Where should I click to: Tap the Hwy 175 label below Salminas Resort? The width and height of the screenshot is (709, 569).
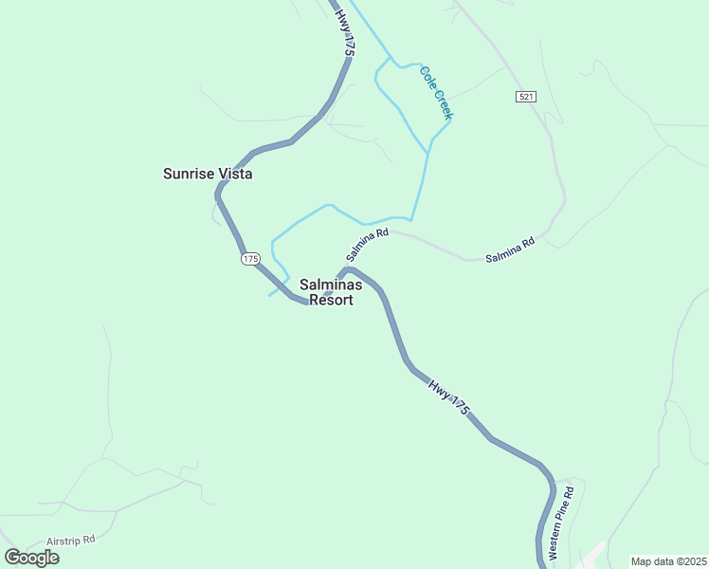[x=448, y=396]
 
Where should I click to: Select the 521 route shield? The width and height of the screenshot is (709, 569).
[x=527, y=98]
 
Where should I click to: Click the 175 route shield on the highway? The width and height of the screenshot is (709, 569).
[x=250, y=259]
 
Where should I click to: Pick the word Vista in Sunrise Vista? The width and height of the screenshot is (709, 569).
[x=235, y=174]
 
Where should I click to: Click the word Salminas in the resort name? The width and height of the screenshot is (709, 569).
[x=331, y=284]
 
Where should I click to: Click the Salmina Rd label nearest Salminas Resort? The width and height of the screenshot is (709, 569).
[x=368, y=245]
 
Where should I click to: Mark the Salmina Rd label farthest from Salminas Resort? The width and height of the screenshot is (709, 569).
[x=510, y=248]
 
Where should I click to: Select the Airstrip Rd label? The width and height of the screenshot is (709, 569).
[x=69, y=540]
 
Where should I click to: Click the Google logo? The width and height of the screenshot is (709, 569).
[x=31, y=558]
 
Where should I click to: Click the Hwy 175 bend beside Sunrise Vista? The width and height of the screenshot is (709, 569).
[x=220, y=190]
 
